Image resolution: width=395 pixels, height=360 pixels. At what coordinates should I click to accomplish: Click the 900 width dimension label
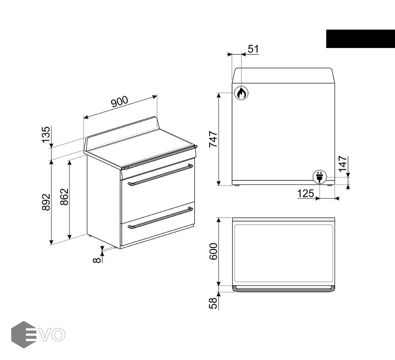pyautogui.click(x=120, y=102)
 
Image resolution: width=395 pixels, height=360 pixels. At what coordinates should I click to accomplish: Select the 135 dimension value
pyautogui.click(x=46, y=135)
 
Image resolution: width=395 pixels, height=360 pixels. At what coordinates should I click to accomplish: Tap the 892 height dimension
pyautogui.click(x=46, y=202)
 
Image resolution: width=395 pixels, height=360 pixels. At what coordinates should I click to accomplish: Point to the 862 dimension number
pyautogui.click(x=64, y=197)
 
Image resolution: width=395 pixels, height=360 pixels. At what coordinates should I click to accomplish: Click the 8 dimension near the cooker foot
pyautogui.click(x=97, y=260)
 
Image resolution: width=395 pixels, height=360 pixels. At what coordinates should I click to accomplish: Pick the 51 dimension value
pyautogui.click(x=253, y=49)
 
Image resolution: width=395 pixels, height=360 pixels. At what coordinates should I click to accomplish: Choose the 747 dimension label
pyautogui.click(x=213, y=139)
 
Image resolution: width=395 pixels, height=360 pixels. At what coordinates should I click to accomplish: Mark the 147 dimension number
pyautogui.click(x=343, y=164)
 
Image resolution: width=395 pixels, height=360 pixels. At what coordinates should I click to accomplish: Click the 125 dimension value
pyautogui.click(x=305, y=194)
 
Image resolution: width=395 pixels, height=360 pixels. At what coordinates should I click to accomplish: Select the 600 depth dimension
pyautogui.click(x=213, y=251)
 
